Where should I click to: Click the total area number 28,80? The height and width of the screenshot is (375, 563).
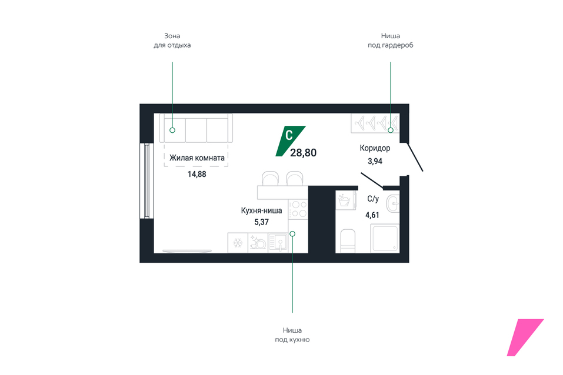pyautogui.click(x=304, y=153)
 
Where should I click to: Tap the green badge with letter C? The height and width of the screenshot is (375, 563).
pyautogui.click(x=289, y=139)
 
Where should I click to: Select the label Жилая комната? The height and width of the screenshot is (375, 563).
pyautogui.click(x=197, y=158)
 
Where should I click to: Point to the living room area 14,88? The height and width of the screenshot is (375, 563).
pyautogui.click(x=197, y=174)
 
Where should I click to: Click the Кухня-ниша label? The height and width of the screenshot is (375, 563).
pyautogui.click(x=261, y=210)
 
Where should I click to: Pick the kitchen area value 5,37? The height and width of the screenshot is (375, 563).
pyautogui.click(x=261, y=222)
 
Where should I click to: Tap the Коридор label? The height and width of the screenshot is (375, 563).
pyautogui.click(x=375, y=148)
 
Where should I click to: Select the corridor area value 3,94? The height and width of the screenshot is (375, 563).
pyautogui.click(x=375, y=160)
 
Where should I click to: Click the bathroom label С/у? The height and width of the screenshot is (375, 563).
pyautogui.click(x=372, y=199)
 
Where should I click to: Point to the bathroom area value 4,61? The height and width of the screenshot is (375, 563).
pyautogui.click(x=372, y=215)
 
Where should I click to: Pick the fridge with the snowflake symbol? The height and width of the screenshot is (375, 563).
pyautogui.click(x=238, y=243)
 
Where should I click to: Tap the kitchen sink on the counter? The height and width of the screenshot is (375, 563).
pyautogui.click(x=279, y=243)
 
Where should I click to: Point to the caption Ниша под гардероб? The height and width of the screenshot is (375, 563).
pyautogui.click(x=390, y=40)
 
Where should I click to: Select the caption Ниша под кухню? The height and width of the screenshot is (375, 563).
pyautogui.click(x=292, y=334)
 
